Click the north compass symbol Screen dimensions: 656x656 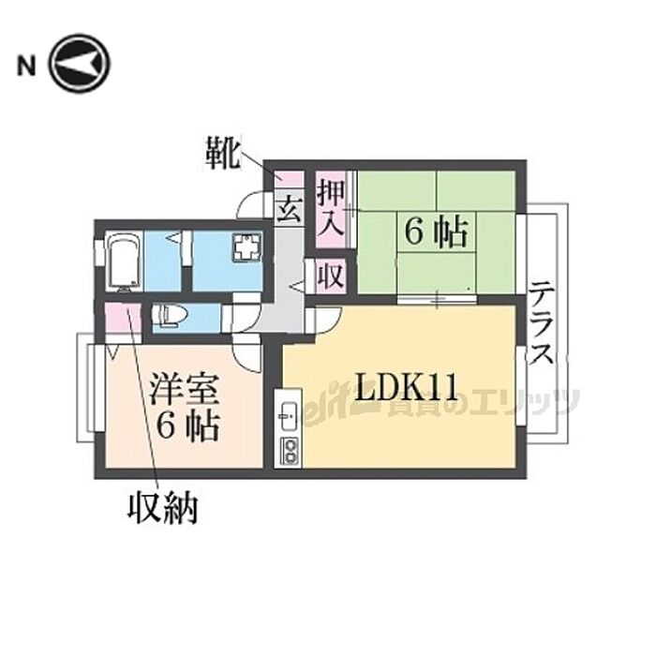coord(80,64)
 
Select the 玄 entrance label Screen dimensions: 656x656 coord(288,208)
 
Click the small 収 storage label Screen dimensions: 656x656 coord(329,276)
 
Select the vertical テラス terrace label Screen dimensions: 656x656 coord(541,324)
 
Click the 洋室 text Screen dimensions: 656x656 coord(184,388)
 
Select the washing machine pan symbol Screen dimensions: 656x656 coord(246,248)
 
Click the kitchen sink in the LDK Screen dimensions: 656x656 coord(288,413)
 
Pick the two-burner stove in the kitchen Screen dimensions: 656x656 coord(288,450)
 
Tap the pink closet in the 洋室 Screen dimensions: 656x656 coord(123,321)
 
